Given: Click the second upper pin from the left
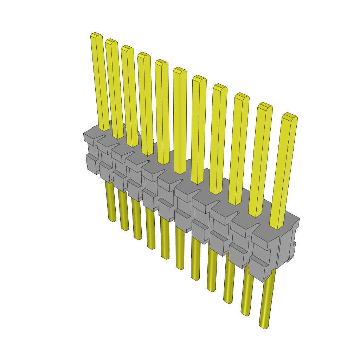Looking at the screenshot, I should point(114,88).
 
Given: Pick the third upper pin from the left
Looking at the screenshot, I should point(129,95).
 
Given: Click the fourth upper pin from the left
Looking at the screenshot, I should point(145,102).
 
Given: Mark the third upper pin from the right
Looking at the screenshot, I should point(239,148).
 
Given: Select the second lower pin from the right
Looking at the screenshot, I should point(247,295).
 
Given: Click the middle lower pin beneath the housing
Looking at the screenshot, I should point(180,250).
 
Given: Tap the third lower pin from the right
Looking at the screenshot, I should point(228,281).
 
